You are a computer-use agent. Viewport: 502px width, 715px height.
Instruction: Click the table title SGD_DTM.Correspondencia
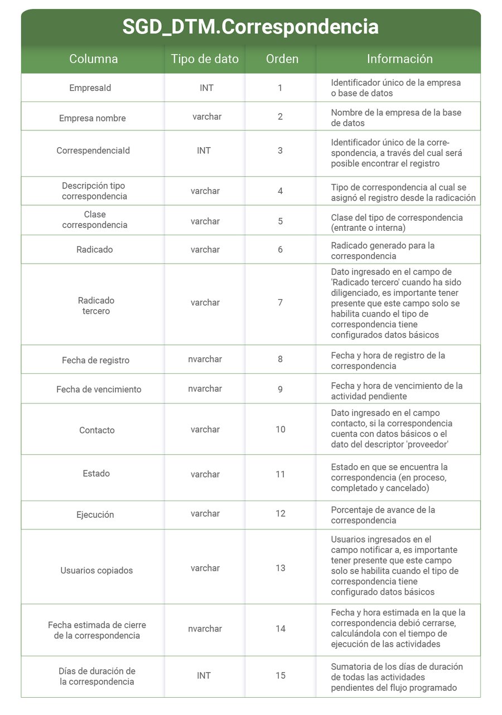click(250, 27)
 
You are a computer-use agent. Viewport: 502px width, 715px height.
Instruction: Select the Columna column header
click(93, 59)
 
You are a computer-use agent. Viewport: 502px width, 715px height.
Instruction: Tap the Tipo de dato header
click(205, 59)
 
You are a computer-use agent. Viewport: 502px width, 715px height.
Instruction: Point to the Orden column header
click(282, 59)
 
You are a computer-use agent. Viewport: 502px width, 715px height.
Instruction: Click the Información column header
click(399, 59)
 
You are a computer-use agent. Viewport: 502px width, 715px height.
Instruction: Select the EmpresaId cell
click(90, 88)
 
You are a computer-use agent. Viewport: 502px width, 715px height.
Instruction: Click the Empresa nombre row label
click(93, 118)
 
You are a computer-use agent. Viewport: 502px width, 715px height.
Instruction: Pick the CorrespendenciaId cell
click(93, 150)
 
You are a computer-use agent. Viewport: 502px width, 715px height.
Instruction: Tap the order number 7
click(280, 303)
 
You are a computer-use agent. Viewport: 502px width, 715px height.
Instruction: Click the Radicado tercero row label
click(96, 305)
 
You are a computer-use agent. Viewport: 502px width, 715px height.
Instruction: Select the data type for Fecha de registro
click(205, 359)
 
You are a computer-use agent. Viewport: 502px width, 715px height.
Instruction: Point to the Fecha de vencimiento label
click(99, 389)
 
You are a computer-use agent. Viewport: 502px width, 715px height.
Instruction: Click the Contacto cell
click(97, 430)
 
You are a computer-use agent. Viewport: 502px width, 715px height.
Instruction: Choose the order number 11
click(280, 474)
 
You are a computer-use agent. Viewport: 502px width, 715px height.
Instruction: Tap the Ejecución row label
click(95, 514)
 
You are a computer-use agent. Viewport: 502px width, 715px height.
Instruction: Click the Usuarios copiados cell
click(96, 570)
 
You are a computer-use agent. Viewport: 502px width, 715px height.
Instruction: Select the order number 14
click(280, 629)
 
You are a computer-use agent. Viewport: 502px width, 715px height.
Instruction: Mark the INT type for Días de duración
click(204, 675)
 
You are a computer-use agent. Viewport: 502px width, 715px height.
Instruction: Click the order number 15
click(280, 675)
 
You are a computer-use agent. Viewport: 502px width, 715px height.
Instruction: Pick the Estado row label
click(96, 474)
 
